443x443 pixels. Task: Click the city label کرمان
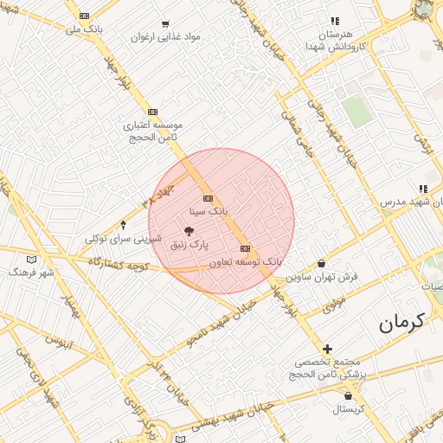[403, 323]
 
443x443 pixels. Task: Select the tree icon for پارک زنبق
[189, 230]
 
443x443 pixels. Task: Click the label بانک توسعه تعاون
[246, 260]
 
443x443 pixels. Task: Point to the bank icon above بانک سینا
[208, 199]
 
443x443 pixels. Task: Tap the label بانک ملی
[85, 29]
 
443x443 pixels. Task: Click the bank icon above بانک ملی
[84, 16]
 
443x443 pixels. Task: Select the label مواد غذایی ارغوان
[166, 37]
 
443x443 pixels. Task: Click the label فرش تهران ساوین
[323, 277]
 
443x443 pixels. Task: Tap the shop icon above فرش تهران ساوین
[322, 263]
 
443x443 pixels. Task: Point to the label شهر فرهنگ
[31, 272]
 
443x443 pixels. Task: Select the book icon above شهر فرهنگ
[31, 260]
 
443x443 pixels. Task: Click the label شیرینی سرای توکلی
[122, 238]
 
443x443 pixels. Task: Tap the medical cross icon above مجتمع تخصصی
[327, 348]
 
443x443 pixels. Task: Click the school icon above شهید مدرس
[423, 189]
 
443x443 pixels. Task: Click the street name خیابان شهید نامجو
[224, 321]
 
